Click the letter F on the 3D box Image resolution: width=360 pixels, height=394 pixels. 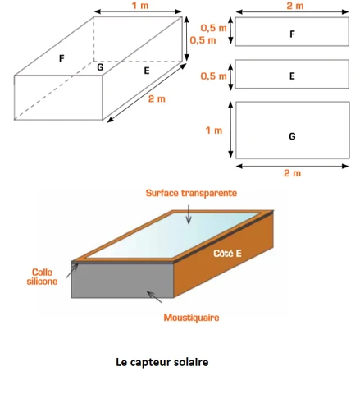tap(62, 58)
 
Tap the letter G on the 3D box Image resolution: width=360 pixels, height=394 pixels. tap(100, 67)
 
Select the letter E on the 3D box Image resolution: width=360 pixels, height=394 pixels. tap(147, 71)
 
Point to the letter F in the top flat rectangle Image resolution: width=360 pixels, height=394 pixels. tap(292, 34)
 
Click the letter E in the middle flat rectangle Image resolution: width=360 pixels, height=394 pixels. tap(292, 76)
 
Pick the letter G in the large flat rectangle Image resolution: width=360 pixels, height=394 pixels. tap(292, 136)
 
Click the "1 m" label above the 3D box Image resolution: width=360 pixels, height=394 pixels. tap(140, 6)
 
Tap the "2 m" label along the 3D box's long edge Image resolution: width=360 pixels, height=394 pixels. tap(157, 98)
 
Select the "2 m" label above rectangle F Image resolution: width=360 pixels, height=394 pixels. tap(295, 6)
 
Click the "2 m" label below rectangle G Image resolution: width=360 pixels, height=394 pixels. tap(293, 173)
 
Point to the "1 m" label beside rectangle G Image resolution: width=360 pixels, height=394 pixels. tap(214, 131)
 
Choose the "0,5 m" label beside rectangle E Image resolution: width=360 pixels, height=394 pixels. tap(214, 76)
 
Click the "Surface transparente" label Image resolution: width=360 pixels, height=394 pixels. tap(191, 193)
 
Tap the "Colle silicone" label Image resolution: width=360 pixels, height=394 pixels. tap(43, 277)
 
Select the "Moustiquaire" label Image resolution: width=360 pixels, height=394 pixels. tap(191, 318)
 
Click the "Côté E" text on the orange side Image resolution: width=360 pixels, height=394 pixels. tap(227, 254)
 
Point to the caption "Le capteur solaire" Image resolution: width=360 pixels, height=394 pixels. tap(162, 362)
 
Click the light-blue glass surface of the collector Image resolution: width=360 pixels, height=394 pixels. tap(173, 236)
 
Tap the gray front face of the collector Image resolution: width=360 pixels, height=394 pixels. tap(122, 281)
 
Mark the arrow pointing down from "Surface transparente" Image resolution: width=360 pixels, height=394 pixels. tap(189, 214)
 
